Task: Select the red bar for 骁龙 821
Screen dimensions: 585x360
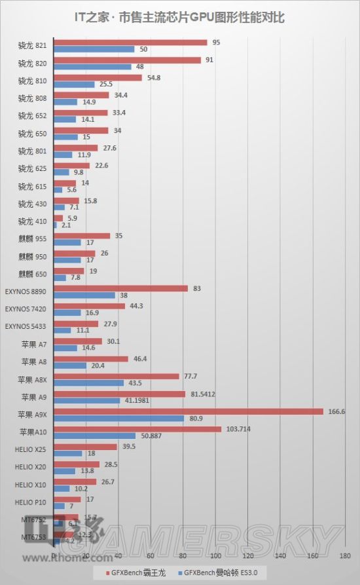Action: [130, 43]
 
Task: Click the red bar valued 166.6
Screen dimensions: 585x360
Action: [189, 411]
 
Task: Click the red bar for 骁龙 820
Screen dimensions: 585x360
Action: [127, 60]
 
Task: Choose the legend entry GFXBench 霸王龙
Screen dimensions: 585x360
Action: [138, 572]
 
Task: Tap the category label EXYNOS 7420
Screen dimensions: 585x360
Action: [26, 309]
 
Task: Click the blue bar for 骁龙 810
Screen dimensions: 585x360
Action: [74, 85]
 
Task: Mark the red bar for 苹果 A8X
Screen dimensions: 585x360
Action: [116, 377]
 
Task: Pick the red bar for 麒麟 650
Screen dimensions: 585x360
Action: [69, 271]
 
